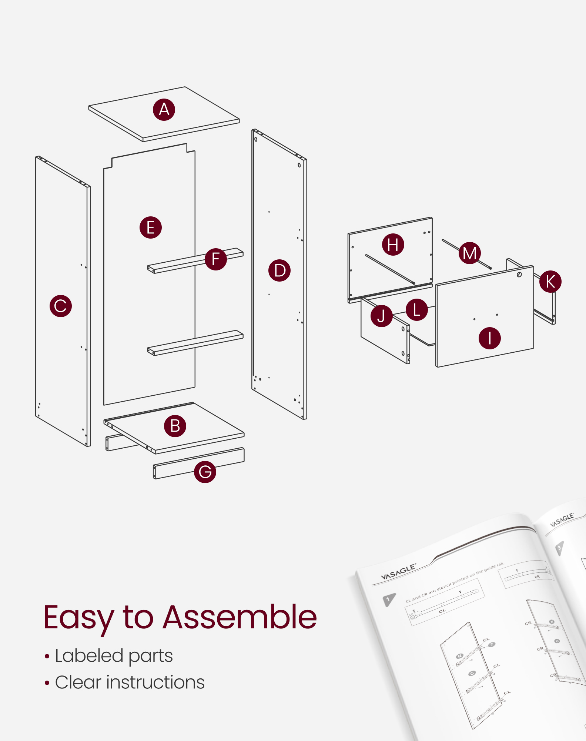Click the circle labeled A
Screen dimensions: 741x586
164,110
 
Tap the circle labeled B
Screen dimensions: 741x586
175,426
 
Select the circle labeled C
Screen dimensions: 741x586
61,306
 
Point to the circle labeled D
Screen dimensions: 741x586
279,270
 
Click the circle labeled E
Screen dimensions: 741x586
151,227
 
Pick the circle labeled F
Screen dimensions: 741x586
216,259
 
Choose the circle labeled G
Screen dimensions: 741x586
205,472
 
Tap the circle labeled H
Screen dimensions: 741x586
393,245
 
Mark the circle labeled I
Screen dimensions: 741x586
490,338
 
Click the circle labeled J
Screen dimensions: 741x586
381,316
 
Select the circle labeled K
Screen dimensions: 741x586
550,282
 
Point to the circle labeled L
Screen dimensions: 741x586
417,310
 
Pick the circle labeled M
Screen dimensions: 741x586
470,253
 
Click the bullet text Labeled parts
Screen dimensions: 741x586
114,656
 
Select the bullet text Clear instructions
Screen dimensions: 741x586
130,682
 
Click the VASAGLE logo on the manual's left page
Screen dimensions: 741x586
398,572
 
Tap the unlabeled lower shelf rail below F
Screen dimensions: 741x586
195,343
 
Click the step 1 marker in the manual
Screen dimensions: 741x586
388,599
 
